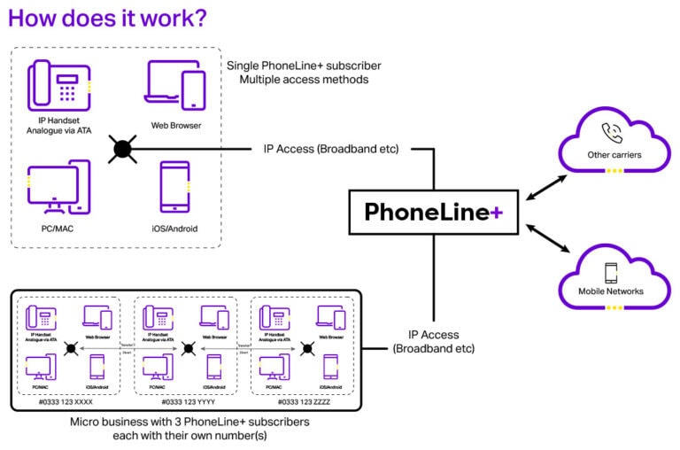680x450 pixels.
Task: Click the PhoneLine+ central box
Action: click(x=433, y=213)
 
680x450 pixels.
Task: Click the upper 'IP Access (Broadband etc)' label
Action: click(x=336, y=148)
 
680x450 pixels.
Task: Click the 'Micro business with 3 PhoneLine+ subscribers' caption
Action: click(x=189, y=423)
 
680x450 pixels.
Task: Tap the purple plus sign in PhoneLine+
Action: click(x=498, y=213)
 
